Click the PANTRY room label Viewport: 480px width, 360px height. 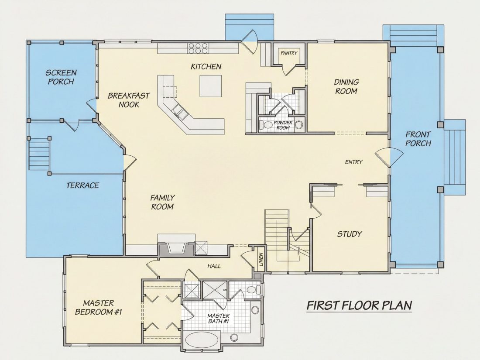pyautogui.click(x=289, y=53)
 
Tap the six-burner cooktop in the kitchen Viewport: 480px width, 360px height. pyautogui.click(x=199, y=49)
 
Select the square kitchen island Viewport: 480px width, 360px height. pyautogui.click(x=211, y=86)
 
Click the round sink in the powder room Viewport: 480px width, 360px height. pyautogui.click(x=300, y=124)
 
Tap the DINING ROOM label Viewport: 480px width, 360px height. pyautogui.click(x=346, y=87)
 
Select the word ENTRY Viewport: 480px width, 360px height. pyautogui.click(x=353, y=162)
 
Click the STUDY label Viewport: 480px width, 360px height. pyautogui.click(x=350, y=234)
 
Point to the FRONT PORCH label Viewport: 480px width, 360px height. pyautogui.click(x=418, y=139)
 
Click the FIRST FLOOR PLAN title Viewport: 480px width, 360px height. pyautogui.click(x=360, y=305)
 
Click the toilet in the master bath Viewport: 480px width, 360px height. pyautogui.click(x=254, y=290)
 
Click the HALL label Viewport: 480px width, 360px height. pyautogui.click(x=214, y=266)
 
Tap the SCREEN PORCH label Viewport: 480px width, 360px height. pyautogui.click(x=61, y=77)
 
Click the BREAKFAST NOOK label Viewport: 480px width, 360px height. pyautogui.click(x=129, y=100)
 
